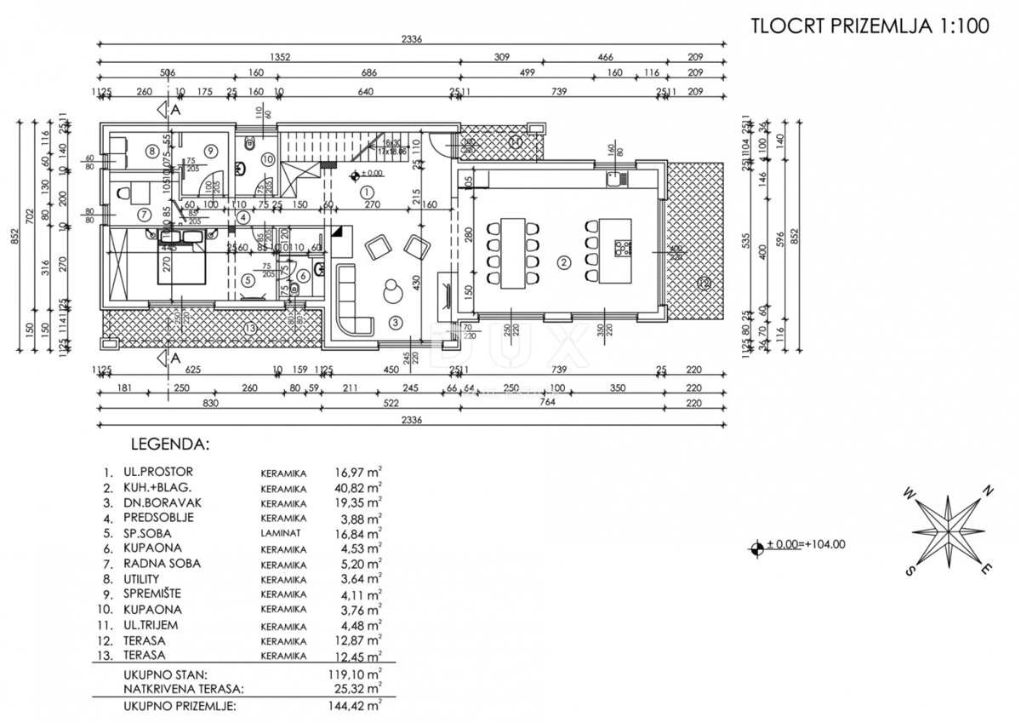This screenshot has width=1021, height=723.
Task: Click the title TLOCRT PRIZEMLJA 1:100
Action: pyautogui.click(x=870, y=26)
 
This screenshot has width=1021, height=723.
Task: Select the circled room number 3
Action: pyautogui.click(x=395, y=322)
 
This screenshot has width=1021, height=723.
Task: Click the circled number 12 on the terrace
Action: pyautogui.click(x=703, y=284)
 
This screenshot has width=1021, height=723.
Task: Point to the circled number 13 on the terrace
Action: pyautogui.click(x=248, y=329)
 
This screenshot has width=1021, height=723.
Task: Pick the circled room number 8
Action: pyautogui.click(x=151, y=152)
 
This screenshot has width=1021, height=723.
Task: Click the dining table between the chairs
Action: pyautogui.click(x=513, y=253)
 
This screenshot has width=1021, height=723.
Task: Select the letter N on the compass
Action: pyautogui.click(x=988, y=491)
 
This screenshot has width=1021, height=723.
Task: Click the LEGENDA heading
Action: pyautogui.click(x=168, y=444)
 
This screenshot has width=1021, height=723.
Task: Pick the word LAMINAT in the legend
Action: pyautogui.click(x=282, y=533)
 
